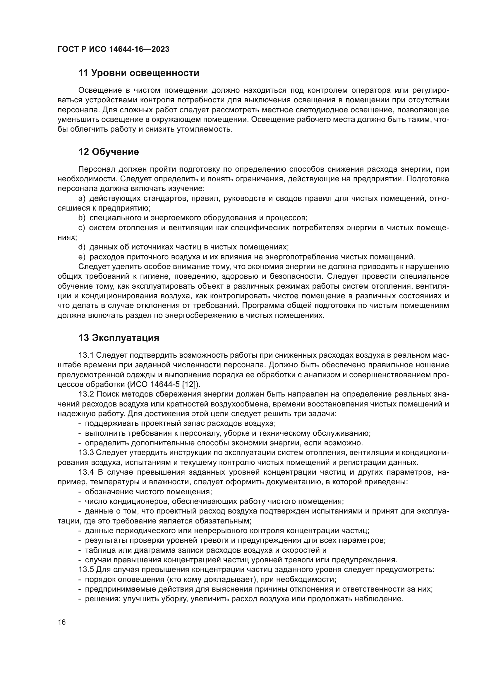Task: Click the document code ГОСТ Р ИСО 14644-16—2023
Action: tap(113, 49)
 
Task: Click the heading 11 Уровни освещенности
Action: tap(139, 73)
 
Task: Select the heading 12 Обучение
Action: tap(109, 152)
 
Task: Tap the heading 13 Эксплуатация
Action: tap(119, 338)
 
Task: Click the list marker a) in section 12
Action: tap(82, 198)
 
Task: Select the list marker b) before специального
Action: tap(82, 218)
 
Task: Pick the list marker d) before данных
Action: tap(82, 247)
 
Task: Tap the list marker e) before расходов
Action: tap(82, 257)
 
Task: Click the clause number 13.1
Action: tap(86, 355)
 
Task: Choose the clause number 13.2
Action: tap(86, 394)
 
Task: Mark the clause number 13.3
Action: tap(86, 452)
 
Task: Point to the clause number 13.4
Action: tap(86, 472)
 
